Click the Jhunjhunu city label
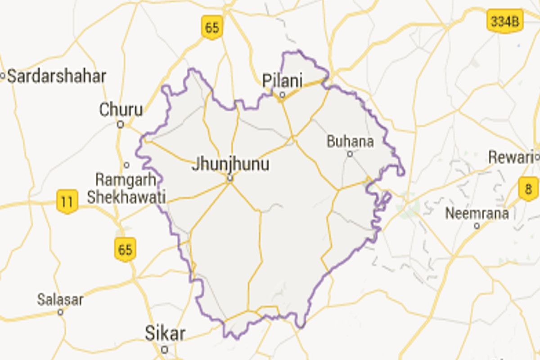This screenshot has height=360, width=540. coord(230,164)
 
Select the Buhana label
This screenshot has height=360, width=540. coord(350,142)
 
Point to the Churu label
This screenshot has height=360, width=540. coord(121,109)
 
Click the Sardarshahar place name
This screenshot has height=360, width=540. coord(57,76)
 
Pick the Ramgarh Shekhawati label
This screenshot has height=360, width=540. coord(126,189)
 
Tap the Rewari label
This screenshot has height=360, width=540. coord(511,157)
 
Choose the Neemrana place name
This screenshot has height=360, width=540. coord(477,213)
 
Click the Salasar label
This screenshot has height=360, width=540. coord(60,300)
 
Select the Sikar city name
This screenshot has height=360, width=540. coord(165,334)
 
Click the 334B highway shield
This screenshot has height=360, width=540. coord(505,22)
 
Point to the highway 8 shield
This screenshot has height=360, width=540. coord(528,188)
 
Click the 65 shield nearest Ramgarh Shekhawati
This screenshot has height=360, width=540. coord(125,249)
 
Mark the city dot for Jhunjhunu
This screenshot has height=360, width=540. coord(229,179)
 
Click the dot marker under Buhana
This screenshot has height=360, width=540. coord(350,154)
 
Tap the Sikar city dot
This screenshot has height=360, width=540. coord(165,349)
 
